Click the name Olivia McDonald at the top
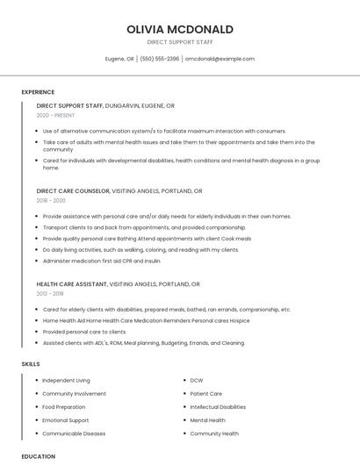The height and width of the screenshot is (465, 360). [179, 29]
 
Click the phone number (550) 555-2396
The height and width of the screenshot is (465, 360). [160, 59]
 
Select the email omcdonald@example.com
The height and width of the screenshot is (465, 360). [220, 59]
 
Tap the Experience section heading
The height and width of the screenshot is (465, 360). [38, 92]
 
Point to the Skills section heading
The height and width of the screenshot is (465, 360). [31, 363]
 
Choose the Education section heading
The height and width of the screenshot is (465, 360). [38, 456]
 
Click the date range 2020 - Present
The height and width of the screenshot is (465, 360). [56, 115]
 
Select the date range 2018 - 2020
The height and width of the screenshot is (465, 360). [51, 200]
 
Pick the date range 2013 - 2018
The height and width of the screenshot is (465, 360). [50, 294]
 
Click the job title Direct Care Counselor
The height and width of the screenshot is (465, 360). [73, 190]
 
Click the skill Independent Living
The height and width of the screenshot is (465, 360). [66, 381]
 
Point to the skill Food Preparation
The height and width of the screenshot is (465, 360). [64, 407]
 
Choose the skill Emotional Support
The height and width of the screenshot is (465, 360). [66, 420]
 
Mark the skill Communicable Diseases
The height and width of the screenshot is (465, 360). [74, 433]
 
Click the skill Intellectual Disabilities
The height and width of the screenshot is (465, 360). [218, 407]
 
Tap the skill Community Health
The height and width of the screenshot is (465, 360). [214, 433]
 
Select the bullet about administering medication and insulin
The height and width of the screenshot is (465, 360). [102, 260]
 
